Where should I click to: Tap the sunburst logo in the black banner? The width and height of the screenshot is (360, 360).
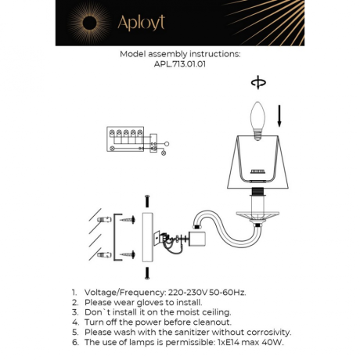tap(87, 23)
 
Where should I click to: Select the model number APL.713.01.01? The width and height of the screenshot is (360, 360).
tap(180, 65)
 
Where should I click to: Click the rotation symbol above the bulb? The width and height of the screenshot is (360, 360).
tap(257, 82)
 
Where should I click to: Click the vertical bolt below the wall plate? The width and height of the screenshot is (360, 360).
tap(146, 273)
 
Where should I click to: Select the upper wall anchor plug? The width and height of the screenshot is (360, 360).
tap(102, 220)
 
